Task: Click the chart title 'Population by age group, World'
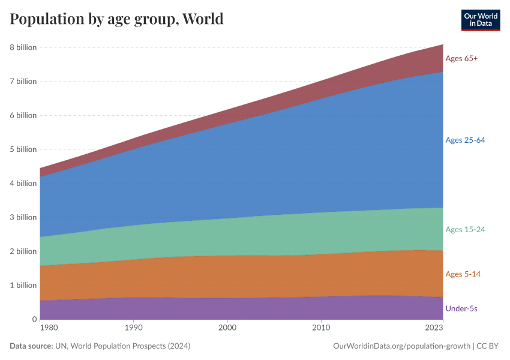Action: point(116,19)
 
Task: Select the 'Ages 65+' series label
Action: point(461,58)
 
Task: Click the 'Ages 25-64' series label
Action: point(465,140)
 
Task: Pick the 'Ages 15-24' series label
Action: point(465,229)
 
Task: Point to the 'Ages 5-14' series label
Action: point(463,274)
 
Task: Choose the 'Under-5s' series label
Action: point(461,308)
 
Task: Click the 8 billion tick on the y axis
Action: point(23,47)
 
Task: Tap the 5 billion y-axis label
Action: point(23,149)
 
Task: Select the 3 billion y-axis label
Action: point(23,217)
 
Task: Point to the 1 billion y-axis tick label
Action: point(23,285)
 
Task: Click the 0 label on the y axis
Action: point(34,319)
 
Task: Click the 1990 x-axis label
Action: point(133,328)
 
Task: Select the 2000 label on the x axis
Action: point(227,328)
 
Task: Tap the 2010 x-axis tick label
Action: point(322,328)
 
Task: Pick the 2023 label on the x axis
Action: point(434,328)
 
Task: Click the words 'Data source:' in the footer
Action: point(31,346)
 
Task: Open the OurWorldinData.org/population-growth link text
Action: point(400,346)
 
